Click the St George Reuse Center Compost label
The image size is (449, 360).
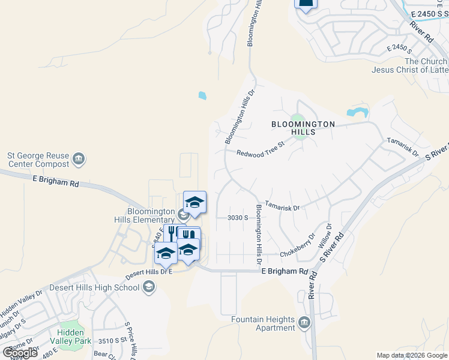click(x=37, y=159)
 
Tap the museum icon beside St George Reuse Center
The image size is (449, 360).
click(x=78, y=159)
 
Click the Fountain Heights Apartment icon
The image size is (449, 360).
click(x=304, y=323)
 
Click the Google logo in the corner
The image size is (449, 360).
click(x=20, y=353)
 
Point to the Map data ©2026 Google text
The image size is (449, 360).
click(x=412, y=355)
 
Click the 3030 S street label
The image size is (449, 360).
click(x=238, y=218)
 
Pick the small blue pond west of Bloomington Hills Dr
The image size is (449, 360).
click(x=202, y=95)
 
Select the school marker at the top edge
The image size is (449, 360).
click(x=306, y=4)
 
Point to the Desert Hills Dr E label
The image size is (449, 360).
click(x=148, y=274)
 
